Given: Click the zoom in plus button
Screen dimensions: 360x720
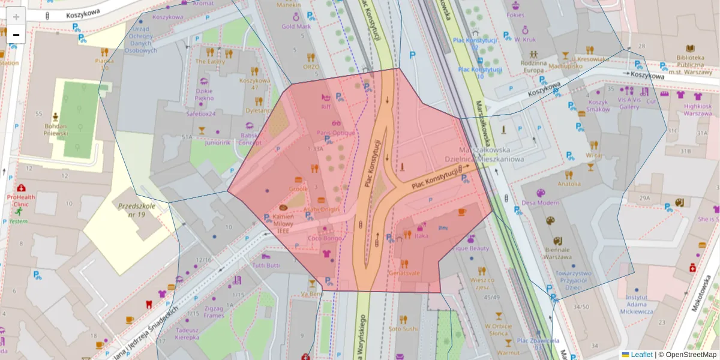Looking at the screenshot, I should [x=16, y=16].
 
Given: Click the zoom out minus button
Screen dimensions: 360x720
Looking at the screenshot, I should [x=16, y=35].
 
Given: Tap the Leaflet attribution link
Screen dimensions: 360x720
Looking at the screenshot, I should [x=641, y=355].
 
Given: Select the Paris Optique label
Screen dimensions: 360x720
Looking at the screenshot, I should [x=335, y=133].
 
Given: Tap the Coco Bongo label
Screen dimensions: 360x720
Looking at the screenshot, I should [x=325, y=238].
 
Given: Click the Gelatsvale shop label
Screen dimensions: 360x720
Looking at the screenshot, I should [x=404, y=272].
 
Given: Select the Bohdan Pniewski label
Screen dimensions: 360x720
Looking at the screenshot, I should [x=56, y=130].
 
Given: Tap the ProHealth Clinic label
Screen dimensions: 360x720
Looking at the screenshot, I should [x=22, y=200].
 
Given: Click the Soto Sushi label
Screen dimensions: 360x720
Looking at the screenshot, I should [x=403, y=328].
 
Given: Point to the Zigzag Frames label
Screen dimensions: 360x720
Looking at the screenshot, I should [x=214, y=312].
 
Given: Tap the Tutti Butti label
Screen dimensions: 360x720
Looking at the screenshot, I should [x=266, y=265].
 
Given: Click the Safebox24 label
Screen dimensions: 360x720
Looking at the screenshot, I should [x=201, y=113].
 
